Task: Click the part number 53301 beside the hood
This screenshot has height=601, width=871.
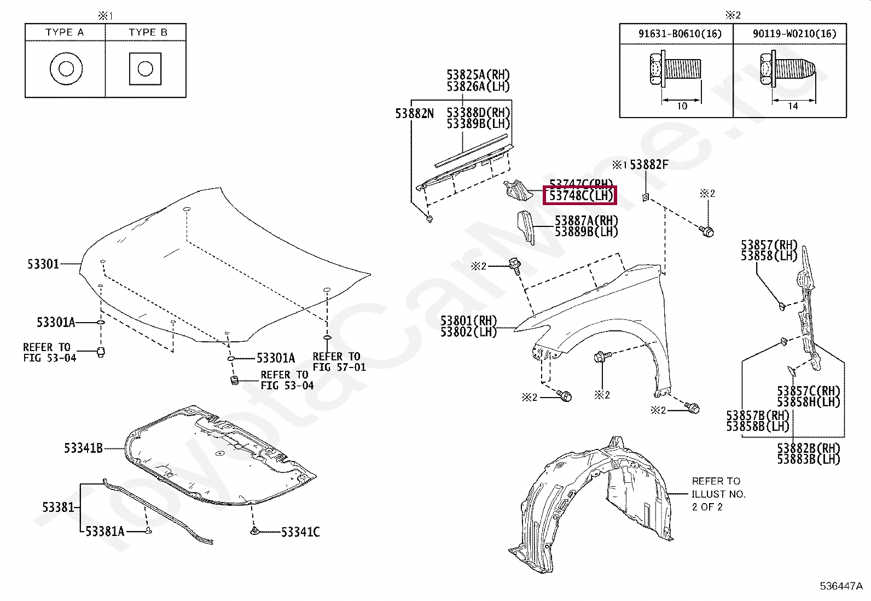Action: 43,265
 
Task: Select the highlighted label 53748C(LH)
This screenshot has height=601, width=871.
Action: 580,195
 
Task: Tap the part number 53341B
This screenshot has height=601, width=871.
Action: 83,448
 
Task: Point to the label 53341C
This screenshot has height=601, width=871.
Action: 300,532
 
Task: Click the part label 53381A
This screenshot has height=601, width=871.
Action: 104,531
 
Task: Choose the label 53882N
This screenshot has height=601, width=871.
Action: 414,114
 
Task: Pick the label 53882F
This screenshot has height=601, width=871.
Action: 649,165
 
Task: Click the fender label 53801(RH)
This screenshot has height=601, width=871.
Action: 469,320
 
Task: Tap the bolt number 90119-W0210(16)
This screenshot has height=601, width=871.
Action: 794,34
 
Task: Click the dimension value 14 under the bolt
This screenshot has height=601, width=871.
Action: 792,107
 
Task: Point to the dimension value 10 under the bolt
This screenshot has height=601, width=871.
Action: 682,107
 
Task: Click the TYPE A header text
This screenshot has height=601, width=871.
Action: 65,32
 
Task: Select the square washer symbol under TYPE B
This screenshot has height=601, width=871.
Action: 145,69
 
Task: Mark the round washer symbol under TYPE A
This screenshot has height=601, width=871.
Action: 66,69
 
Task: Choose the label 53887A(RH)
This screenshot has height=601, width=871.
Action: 586,220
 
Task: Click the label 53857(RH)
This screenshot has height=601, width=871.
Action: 769,244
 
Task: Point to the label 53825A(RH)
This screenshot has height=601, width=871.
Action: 478,75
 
